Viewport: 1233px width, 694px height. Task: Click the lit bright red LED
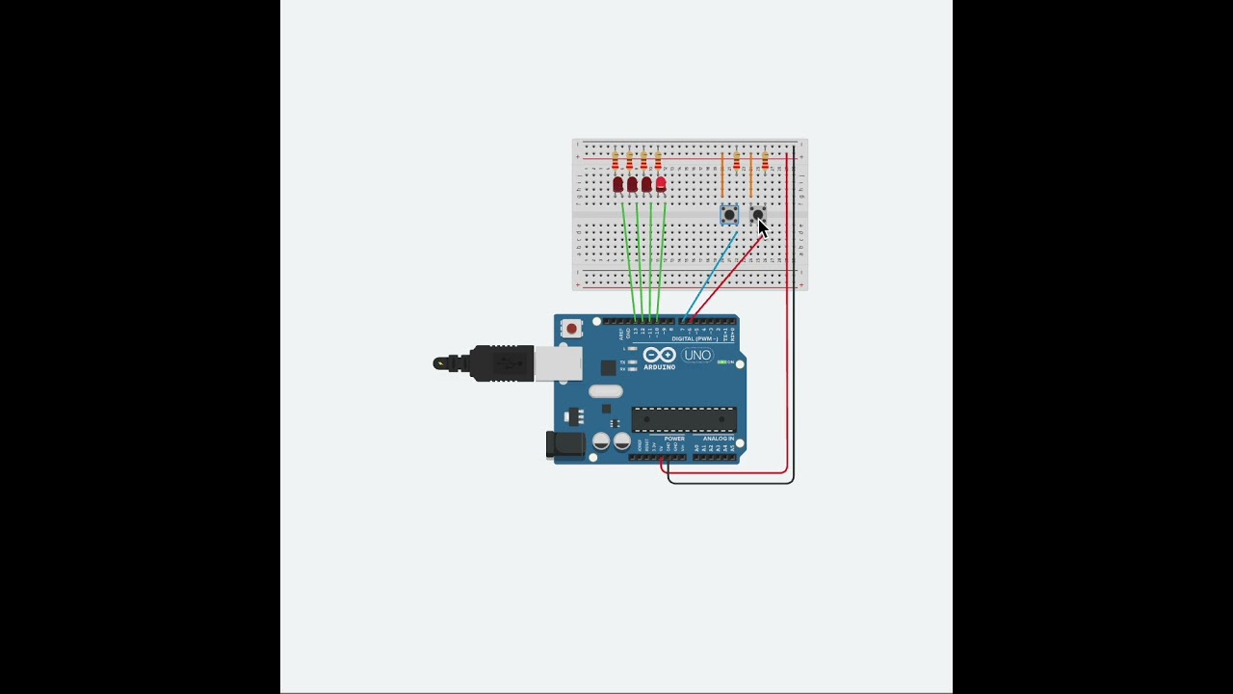661,183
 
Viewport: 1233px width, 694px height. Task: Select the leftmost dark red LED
617,184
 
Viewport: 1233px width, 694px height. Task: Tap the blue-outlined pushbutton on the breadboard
729,215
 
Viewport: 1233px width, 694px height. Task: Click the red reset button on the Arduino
571,329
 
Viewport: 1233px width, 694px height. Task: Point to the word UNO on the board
696,356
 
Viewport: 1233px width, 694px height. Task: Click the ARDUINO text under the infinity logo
659,367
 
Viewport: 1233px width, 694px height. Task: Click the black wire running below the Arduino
732,482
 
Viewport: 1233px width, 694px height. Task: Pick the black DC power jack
564,444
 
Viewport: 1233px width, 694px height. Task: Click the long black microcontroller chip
684,420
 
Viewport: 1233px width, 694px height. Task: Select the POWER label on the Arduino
674,439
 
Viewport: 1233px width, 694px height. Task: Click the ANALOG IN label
718,439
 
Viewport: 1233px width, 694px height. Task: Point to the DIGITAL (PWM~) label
695,339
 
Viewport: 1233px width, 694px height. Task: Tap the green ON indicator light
722,362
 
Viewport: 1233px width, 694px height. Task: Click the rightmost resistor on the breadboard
765,160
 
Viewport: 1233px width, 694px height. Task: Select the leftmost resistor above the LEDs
616,160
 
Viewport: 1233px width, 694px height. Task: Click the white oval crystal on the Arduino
606,391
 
